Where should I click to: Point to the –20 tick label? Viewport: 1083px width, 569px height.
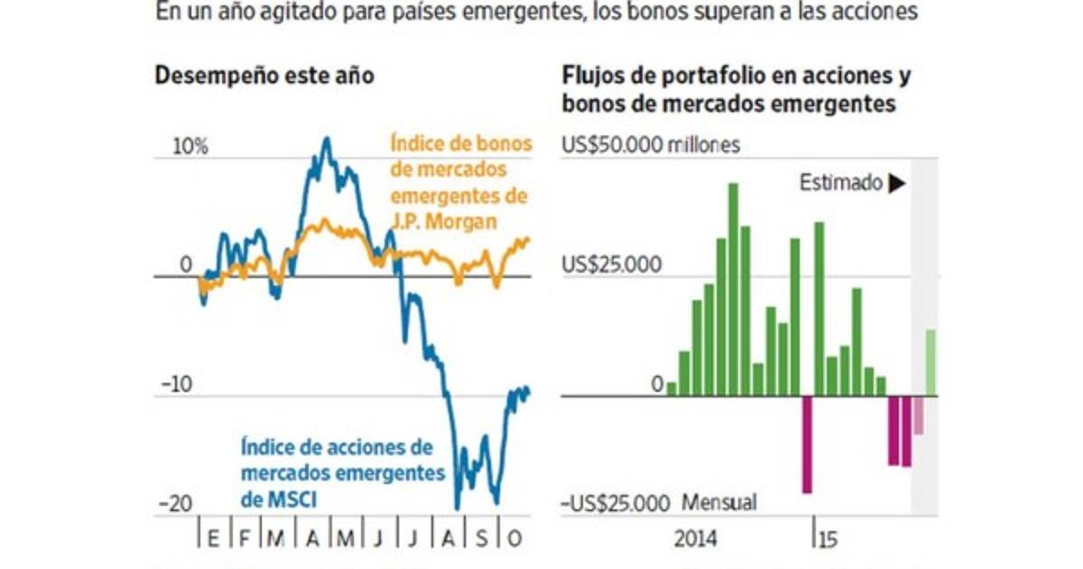179,505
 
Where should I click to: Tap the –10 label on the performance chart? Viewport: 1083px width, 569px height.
179,385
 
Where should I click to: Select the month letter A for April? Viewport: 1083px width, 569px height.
312,539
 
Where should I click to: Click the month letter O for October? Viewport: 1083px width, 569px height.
514,539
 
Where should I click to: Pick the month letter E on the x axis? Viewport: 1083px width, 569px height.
213,539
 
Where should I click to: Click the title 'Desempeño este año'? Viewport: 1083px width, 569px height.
265,76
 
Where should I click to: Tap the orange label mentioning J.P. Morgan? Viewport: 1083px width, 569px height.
460,182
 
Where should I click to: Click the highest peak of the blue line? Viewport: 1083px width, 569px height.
327,139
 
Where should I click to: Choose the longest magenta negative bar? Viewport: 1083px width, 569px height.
807,443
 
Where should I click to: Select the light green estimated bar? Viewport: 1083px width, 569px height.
930,362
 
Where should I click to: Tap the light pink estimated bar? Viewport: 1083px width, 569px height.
918,415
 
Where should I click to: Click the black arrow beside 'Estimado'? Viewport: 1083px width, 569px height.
896,183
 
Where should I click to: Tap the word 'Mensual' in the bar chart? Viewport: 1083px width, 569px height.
719,502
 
